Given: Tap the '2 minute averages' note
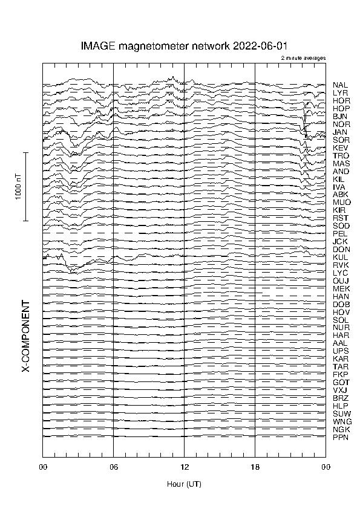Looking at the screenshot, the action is pos(303,58).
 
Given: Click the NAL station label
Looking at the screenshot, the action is pos(340,85).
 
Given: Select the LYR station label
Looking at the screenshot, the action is pos(340,93).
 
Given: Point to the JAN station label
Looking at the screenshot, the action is pos(340,132).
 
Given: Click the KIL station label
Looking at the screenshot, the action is pos(339,180).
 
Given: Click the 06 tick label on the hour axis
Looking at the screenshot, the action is pos(113,467).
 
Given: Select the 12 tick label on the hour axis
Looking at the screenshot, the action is pos(184,467).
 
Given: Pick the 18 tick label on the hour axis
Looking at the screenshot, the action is pos(255,467).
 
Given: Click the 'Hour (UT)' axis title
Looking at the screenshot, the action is pos(184,484).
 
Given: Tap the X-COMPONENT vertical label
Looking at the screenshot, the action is pos(26,336).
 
